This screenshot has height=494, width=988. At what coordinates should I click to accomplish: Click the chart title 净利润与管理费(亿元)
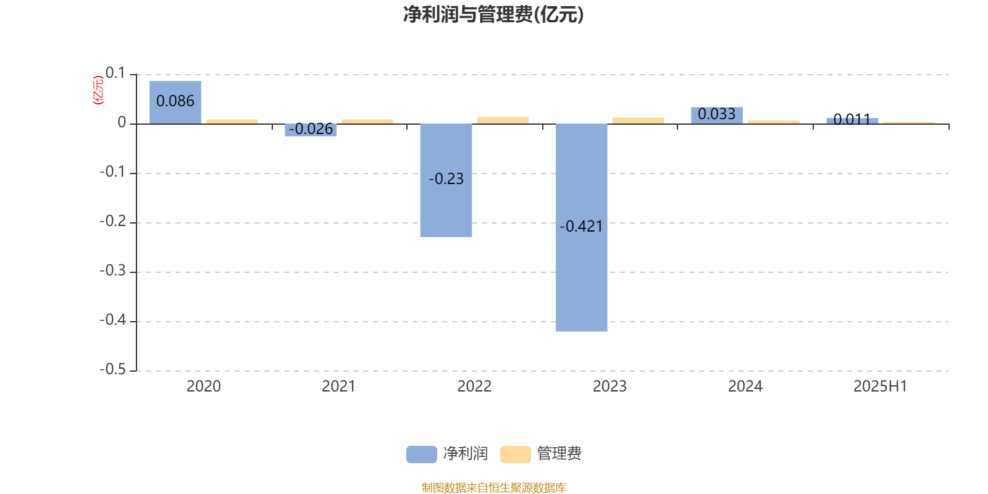pos(493,14)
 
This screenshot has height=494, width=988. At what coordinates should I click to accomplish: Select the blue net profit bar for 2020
pos(175,103)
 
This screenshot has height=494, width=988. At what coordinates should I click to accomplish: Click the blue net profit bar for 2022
pos(446,180)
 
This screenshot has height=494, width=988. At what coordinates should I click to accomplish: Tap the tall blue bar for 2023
pos(581,228)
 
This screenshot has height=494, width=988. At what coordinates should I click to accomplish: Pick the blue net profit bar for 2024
pos(717,115)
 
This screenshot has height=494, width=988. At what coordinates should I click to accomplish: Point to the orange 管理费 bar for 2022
pos(503,120)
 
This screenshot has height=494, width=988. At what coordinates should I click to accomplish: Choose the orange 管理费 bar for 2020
pos(232,122)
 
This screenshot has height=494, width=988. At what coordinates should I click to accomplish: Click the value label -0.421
pos(581,226)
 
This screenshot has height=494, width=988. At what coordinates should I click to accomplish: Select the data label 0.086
pos(175,101)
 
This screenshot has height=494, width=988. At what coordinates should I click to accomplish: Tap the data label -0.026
pos(311,129)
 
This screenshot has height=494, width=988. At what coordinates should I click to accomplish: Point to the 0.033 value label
pos(717,114)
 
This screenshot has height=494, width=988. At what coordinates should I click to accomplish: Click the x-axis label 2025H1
pos(881,387)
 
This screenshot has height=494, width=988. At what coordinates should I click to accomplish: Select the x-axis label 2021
pos(339,387)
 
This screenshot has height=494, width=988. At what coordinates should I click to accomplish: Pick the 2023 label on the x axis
pos(609,387)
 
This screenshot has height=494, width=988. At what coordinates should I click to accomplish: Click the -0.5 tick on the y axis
pos(112,369)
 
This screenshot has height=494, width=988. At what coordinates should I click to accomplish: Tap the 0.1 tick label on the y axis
pos(115,73)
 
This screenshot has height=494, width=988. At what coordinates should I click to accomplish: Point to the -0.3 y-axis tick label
pos(112,270)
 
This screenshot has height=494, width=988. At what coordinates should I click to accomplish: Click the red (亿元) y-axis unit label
pos(98,90)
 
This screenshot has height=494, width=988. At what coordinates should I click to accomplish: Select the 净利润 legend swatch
pos(422,454)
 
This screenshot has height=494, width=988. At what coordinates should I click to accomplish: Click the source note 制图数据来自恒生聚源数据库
pos(493,487)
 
